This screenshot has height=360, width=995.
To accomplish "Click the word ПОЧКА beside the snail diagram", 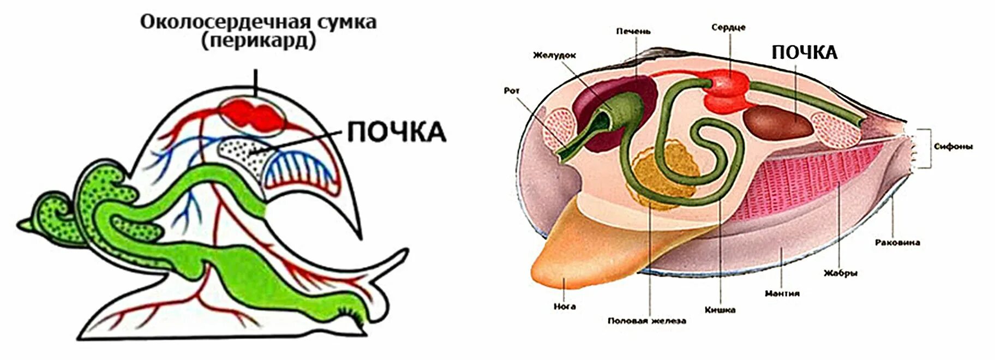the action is pyautogui.click(x=397, y=133).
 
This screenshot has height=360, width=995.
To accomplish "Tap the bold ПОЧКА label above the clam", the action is pyautogui.click(x=804, y=52).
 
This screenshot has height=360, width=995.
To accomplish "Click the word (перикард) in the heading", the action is pyautogui.click(x=259, y=42).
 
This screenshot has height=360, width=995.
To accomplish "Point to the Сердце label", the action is pyautogui.click(x=728, y=27).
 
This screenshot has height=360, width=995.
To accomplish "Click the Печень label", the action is pyautogui.click(x=633, y=32).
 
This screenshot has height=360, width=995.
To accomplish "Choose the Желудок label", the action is pyautogui.click(x=554, y=55).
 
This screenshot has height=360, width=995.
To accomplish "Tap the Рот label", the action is pyautogui.click(x=512, y=91).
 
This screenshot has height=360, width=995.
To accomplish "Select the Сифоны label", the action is pyautogui.click(x=953, y=147).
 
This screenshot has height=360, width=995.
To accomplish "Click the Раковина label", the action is pyautogui.click(x=897, y=242).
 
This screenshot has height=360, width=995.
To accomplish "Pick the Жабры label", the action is pyautogui.click(x=840, y=273).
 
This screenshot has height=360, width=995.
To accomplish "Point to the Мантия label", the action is pyautogui.click(x=782, y=293).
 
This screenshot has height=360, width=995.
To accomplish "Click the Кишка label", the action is pyautogui.click(x=720, y=310).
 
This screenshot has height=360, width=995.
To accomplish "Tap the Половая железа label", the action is pyautogui.click(x=646, y=321).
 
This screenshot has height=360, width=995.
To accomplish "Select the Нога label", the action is pyautogui.click(x=565, y=307).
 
